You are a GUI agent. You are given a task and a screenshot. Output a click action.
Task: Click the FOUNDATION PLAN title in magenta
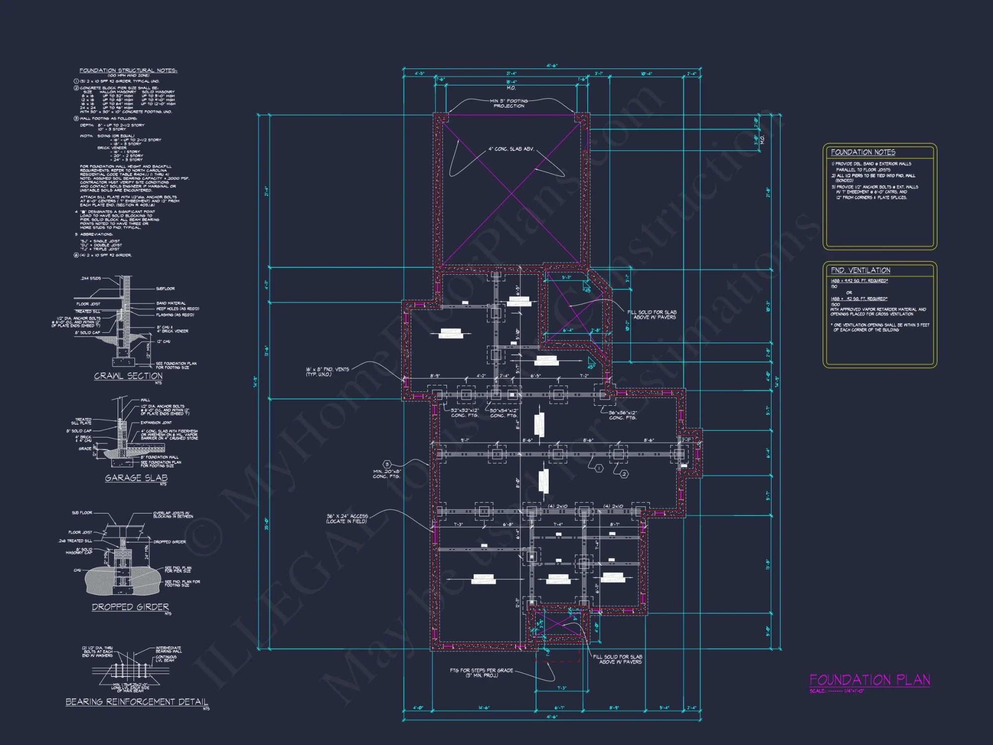click(870, 679)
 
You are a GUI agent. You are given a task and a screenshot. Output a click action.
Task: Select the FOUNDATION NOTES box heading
click(863, 152)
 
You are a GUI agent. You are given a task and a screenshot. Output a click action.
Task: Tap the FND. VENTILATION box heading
click(860, 270)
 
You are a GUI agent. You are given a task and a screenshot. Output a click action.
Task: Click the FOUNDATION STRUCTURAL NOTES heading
click(128, 71)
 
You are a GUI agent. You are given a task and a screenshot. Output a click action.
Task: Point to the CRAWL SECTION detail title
click(128, 376)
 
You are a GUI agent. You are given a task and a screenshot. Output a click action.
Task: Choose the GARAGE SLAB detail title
click(136, 478)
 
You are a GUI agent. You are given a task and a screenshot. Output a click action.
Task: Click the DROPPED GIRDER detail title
click(130, 607)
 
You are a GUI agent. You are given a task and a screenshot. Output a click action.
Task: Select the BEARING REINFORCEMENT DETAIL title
click(137, 702)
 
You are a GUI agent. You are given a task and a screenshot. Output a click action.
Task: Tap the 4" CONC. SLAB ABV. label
click(511, 149)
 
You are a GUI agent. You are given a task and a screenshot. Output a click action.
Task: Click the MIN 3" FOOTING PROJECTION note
click(509, 103)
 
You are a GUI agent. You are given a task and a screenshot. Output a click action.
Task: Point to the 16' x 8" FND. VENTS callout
click(327, 372)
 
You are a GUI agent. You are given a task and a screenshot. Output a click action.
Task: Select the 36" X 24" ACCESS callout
click(347, 519)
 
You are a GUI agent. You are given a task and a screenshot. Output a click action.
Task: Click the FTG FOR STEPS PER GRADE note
click(481, 672)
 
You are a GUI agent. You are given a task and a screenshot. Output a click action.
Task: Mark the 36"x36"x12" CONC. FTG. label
click(623, 415)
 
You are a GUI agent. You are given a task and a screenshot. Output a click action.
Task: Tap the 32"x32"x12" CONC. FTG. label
click(465, 413)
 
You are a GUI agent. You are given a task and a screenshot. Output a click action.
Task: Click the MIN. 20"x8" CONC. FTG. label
click(387, 474)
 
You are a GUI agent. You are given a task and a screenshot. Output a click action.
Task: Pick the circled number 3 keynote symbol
click(387, 464)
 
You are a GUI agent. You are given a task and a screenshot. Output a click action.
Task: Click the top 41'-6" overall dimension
click(552, 66)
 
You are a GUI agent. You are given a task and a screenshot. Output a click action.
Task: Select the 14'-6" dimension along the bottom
click(484, 708)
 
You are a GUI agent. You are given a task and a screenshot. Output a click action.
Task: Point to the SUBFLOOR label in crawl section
click(165, 289)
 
